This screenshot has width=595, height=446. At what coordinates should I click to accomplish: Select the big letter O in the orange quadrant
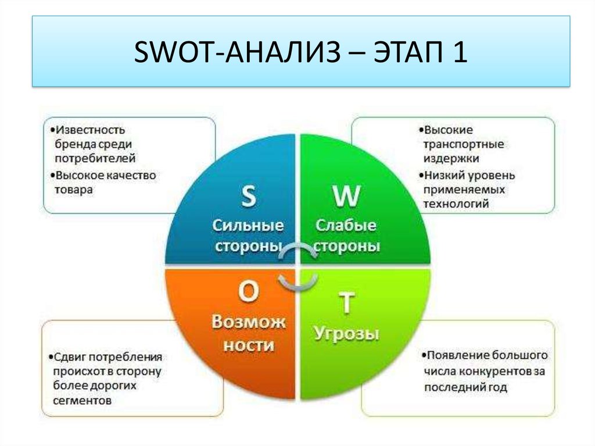[x=249, y=291]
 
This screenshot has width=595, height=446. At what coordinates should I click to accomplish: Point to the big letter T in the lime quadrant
[x=346, y=303]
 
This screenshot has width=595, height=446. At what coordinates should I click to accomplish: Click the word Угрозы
[x=346, y=334]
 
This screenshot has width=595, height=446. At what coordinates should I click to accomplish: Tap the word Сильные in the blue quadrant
[x=248, y=225]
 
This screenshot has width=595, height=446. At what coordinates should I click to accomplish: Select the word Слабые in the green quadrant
[x=346, y=225]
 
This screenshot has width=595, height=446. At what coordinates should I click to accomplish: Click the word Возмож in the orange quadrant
[x=249, y=322]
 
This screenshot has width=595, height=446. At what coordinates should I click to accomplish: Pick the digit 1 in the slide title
[x=460, y=52]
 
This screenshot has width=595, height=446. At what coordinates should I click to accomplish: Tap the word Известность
[x=90, y=130]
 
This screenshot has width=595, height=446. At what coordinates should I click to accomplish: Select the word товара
[x=74, y=190]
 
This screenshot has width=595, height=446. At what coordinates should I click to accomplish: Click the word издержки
[x=451, y=158]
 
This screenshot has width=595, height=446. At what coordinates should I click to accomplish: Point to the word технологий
[x=456, y=204]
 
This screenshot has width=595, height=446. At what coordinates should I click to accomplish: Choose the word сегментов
[x=83, y=401]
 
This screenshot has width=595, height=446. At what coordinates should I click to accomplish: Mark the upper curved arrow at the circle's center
[x=298, y=249]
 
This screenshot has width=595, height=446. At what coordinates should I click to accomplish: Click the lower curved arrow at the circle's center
[x=298, y=283]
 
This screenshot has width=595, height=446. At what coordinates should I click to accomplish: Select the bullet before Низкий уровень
[x=421, y=176]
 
